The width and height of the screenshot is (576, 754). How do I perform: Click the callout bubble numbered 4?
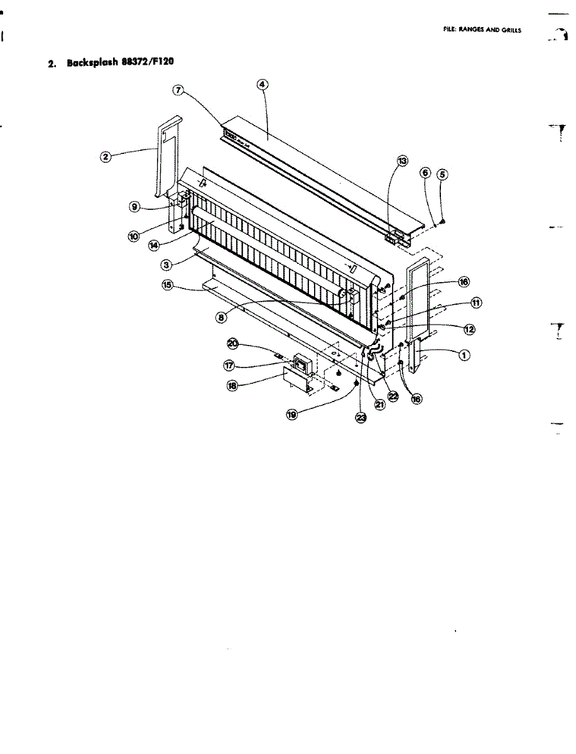[x=261, y=85]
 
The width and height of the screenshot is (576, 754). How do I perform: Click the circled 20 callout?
[x=232, y=344]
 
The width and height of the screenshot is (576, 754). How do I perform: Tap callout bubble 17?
[x=231, y=364]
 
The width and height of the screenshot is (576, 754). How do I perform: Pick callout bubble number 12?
[x=469, y=328]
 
